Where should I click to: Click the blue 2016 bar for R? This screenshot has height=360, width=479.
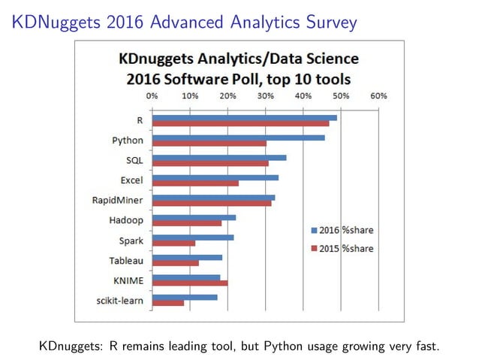pyautogui.click(x=244, y=117)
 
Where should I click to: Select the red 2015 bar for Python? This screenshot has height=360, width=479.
pyautogui.click(x=209, y=143)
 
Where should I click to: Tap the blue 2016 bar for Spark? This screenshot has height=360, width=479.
pyautogui.click(x=192, y=237)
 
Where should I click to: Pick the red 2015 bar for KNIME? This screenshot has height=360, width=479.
pyautogui.click(x=189, y=283)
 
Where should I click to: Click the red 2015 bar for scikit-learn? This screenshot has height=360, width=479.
pyautogui.click(x=167, y=303)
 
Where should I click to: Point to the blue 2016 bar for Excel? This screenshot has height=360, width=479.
pyautogui.click(x=215, y=177)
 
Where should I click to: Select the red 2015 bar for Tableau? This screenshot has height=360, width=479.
pyautogui.click(x=175, y=263)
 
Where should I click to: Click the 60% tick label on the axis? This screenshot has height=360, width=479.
pyautogui.click(x=378, y=96)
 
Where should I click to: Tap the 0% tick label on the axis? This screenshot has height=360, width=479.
pyautogui.click(x=152, y=96)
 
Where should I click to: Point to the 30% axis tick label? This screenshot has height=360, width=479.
pyautogui.click(x=265, y=96)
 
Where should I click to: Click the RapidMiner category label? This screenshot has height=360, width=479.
pyautogui.click(x=118, y=201)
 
